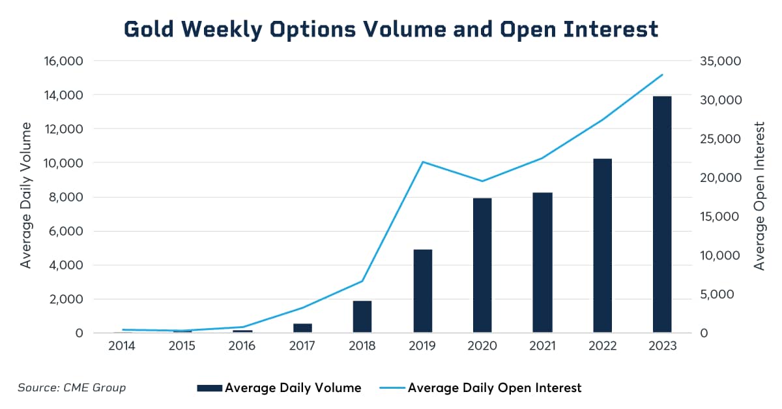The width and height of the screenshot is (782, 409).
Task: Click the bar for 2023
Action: (x=662, y=215)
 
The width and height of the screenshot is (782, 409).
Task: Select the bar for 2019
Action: (x=422, y=291)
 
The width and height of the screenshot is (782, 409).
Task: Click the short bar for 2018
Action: (x=362, y=317)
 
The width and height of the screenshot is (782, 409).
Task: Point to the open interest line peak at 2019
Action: (x=422, y=162)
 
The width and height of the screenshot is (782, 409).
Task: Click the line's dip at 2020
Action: (x=482, y=181)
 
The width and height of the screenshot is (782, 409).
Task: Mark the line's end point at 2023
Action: (x=662, y=75)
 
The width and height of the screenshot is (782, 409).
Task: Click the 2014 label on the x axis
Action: (x=122, y=346)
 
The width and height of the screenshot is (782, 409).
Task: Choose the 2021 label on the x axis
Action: (x=542, y=346)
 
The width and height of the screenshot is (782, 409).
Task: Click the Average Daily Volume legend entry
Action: (x=279, y=388)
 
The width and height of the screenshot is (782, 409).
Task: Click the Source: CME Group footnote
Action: (x=72, y=388)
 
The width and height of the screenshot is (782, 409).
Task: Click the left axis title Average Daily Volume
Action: (x=26, y=195)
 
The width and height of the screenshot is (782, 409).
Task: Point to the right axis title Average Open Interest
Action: (x=759, y=195)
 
